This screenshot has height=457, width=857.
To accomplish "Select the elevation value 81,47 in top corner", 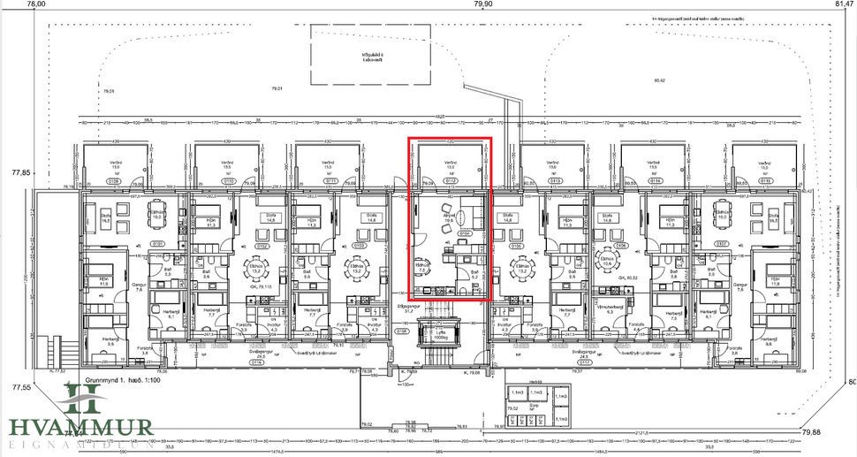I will click(x=844, y=4).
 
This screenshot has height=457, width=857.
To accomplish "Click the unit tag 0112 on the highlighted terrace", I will click(x=451, y=180).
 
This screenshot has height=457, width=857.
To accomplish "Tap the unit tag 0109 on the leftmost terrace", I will click(x=114, y=180).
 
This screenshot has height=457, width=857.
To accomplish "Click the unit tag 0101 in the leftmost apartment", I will click(x=157, y=243).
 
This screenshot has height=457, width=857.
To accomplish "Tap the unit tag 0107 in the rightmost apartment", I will click(x=721, y=243).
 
